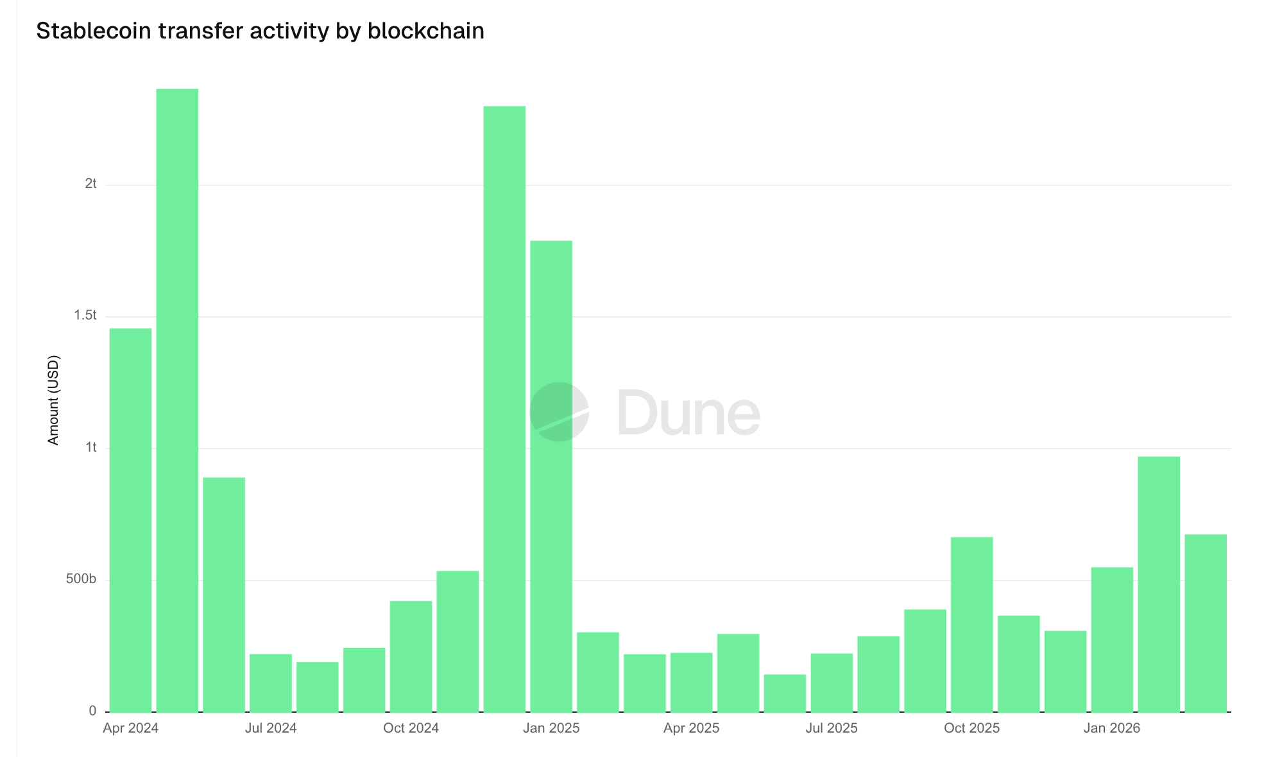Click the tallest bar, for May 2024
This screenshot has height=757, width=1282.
point(177,400)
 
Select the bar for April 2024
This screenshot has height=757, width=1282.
point(130,520)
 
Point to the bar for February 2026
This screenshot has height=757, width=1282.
point(1159,584)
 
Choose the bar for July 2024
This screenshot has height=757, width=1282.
point(271,683)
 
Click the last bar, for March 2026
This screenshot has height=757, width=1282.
point(1206,623)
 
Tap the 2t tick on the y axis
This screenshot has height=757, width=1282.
point(90,184)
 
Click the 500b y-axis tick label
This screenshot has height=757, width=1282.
point(81,579)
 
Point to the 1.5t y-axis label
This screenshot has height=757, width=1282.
point(85,316)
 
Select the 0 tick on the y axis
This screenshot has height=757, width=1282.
point(93,711)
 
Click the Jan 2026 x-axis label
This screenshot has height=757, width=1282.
point(1111,728)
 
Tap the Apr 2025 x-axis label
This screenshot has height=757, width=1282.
point(691,728)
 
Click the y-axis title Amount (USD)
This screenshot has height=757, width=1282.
point(53,400)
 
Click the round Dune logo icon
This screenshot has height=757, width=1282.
point(560,412)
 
